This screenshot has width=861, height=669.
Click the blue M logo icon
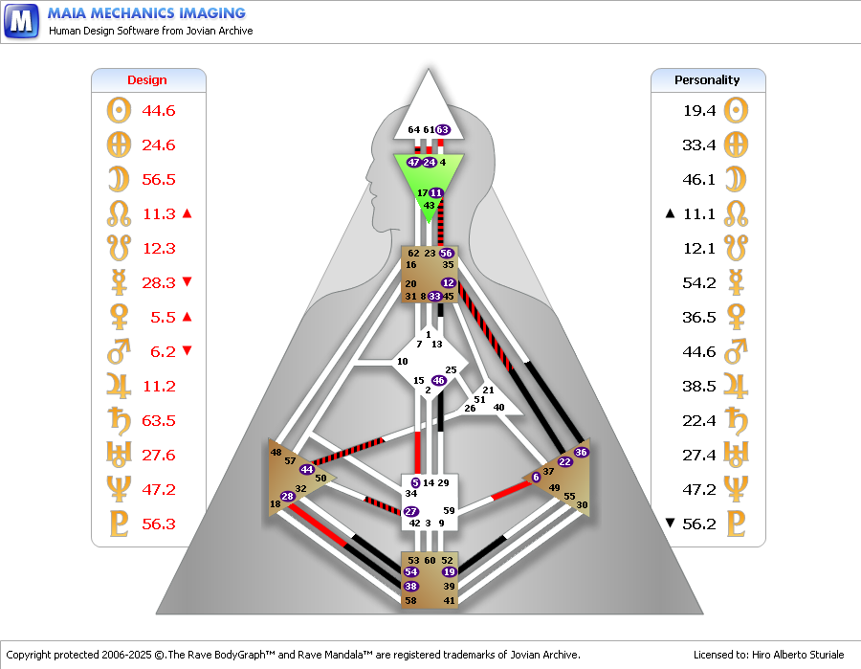coord(21,21)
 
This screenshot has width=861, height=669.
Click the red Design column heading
coord(146,80)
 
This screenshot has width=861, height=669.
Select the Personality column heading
coord(707,80)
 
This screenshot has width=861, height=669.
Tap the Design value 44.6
coord(158,110)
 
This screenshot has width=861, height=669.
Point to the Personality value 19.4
coord(699,110)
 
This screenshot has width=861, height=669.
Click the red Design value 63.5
coord(158,421)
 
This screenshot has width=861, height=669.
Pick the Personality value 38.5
coord(699,386)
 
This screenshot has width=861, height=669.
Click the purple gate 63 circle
coord(443,129)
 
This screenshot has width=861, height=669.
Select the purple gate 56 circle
coord(446,254)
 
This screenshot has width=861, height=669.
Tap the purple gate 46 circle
coord(438,380)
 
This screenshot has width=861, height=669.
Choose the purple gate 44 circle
coord(306,469)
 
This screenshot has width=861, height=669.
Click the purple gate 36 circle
coord(581,452)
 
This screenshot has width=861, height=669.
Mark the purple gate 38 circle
coord(410,586)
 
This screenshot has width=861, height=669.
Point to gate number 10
coord(403,362)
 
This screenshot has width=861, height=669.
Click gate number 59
coord(449,510)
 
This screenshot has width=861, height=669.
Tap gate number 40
coord(498,407)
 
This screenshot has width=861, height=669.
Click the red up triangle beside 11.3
coord(187,213)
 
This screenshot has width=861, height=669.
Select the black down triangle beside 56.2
coord(670,523)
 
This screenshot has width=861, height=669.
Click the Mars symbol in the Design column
coord(120,351)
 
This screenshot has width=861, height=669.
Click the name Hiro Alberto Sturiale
coord(798,655)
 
